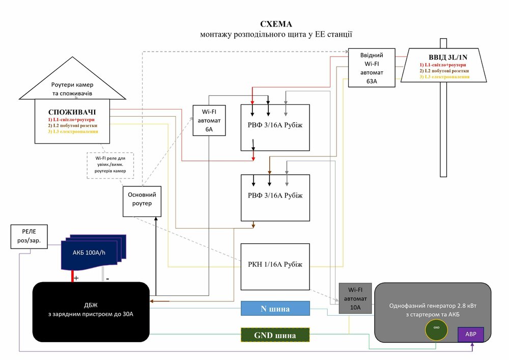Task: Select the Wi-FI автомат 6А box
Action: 209,120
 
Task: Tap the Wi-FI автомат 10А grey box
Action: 355,298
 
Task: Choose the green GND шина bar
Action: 275,336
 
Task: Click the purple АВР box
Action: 471,335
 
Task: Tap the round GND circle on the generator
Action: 436,328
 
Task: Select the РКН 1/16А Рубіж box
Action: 275,265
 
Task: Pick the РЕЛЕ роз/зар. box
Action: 30,236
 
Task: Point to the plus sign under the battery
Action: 76,279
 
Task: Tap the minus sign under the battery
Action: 107,279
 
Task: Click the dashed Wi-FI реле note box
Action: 110,164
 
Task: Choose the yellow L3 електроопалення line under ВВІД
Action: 444,76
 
